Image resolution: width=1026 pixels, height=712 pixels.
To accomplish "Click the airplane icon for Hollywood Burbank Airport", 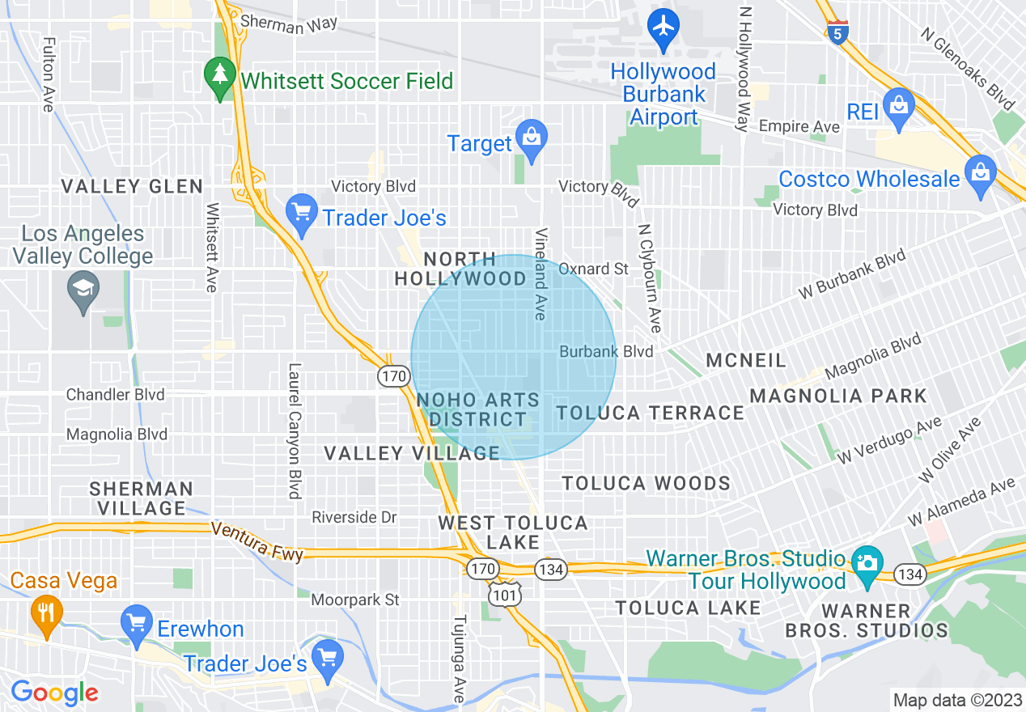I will [x=664, y=25].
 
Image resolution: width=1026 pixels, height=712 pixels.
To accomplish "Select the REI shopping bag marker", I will [x=898, y=105].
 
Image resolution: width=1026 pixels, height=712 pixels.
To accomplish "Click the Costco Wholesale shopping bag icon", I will [x=980, y=172].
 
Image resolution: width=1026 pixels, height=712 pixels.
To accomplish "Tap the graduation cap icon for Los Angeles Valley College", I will [x=83, y=289].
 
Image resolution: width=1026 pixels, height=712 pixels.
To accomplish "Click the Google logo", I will [x=54, y=693].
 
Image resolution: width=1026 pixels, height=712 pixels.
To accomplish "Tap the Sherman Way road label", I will [x=289, y=25].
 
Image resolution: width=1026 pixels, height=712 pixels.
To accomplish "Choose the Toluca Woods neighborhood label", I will [x=646, y=484].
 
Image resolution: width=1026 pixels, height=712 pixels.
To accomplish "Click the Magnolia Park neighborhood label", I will [x=837, y=396].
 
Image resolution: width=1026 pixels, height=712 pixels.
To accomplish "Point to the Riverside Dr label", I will [x=354, y=517].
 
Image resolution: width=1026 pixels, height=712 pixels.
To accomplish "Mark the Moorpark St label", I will [x=355, y=600].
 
